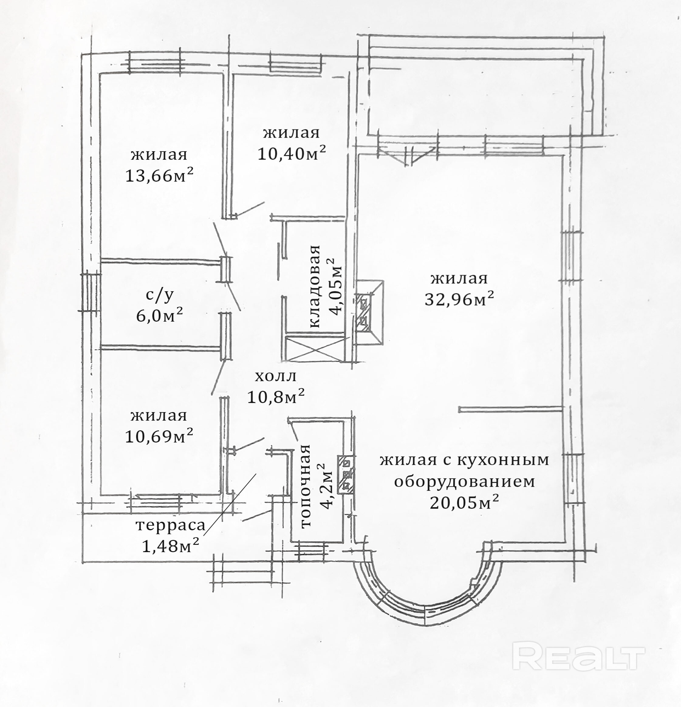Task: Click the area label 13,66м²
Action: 159,176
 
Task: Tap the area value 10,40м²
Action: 292,154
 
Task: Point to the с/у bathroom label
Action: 159,295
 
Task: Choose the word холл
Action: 275,377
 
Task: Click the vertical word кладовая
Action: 315,286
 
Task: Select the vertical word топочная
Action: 305,487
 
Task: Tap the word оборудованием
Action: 465,482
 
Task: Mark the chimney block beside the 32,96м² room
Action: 369,313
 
